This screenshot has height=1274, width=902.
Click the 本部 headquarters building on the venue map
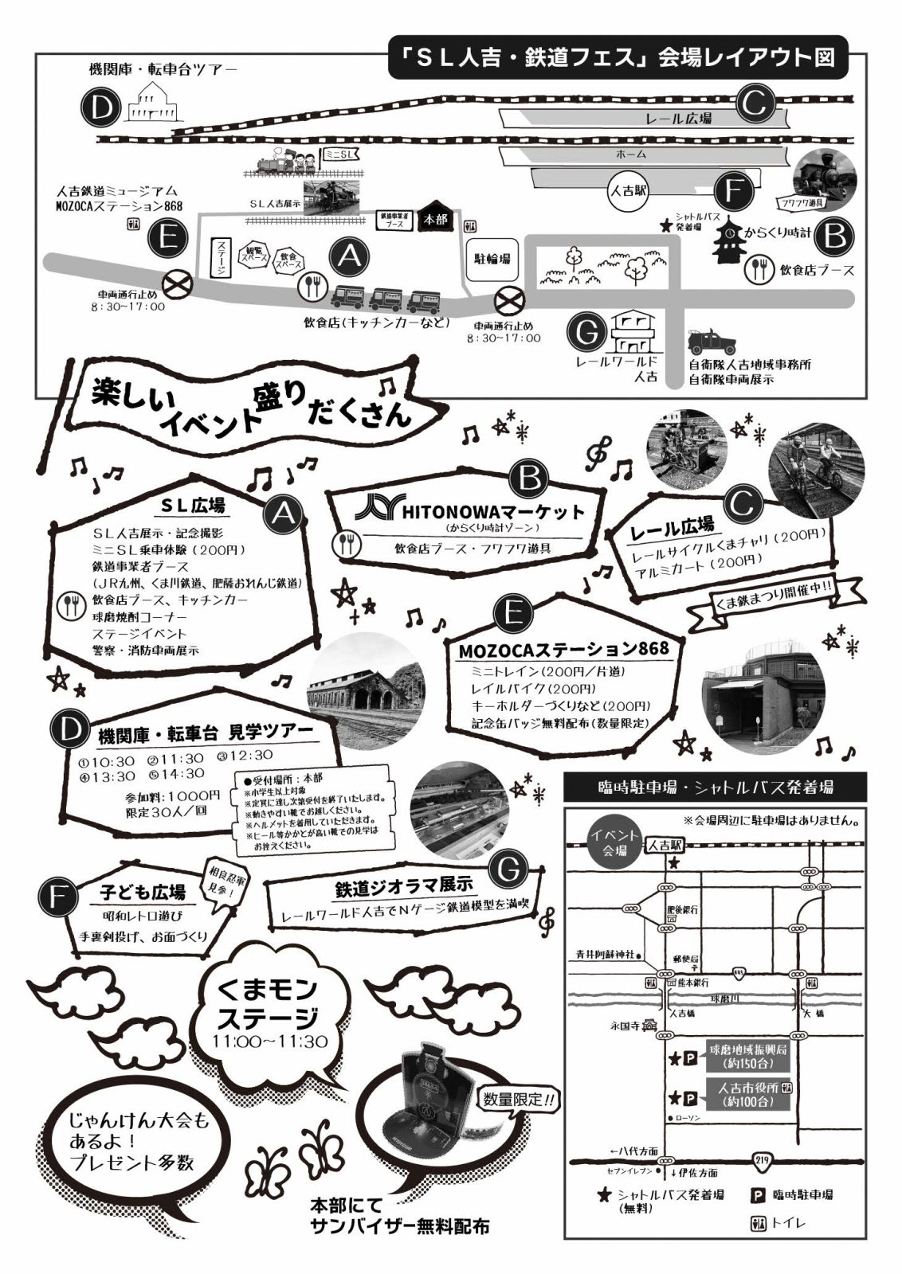[436, 217]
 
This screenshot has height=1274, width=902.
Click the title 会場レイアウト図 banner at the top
[617, 58]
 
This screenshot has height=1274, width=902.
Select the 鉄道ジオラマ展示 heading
[404, 885]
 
